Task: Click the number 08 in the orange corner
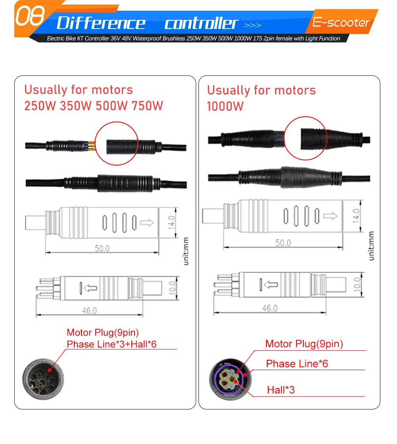(30, 16)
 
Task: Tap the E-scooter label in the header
(341, 22)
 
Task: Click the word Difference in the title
(101, 23)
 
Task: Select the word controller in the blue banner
(201, 23)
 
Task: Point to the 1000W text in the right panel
(225, 106)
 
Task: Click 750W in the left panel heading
(147, 106)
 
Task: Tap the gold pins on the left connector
(91, 146)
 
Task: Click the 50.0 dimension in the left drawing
(102, 248)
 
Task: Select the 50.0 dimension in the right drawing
(283, 243)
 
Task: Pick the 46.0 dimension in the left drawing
(89, 311)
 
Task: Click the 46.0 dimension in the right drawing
(270, 308)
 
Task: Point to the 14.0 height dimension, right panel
(356, 216)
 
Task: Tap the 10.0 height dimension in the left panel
(172, 288)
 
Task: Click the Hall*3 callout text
(281, 390)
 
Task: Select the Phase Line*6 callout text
(297, 364)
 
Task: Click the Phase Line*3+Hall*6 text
(112, 344)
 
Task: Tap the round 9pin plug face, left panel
(43, 379)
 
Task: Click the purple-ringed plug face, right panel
(230, 379)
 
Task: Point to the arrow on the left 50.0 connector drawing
(147, 222)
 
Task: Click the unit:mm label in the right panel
(371, 246)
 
